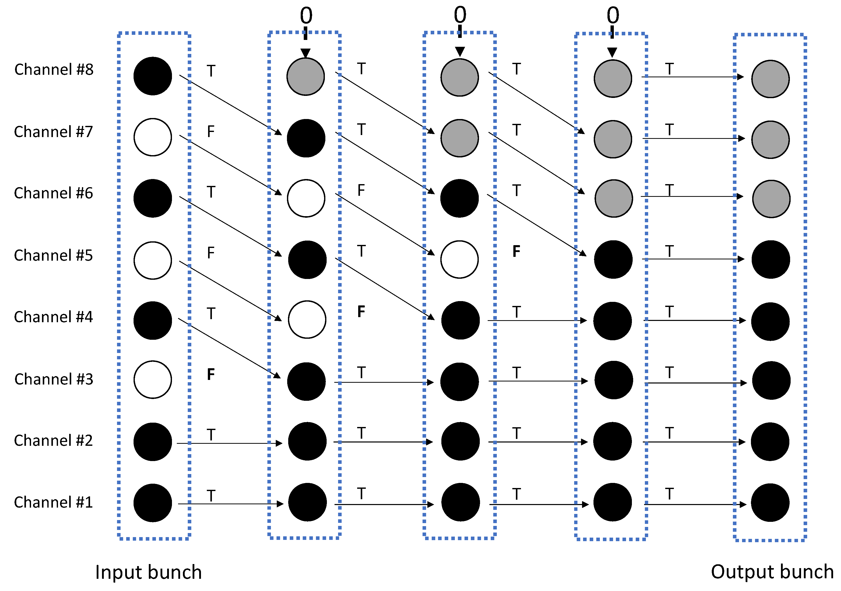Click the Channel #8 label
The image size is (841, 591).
(54, 70)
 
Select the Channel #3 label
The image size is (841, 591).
(54, 379)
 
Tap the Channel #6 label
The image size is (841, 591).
(53, 193)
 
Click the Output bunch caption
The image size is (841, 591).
(772, 572)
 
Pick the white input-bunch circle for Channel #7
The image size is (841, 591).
(153, 137)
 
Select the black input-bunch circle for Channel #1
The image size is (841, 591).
(153, 503)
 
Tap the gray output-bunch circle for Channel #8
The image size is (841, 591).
(770, 79)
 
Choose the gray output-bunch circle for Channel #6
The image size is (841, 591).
(771, 199)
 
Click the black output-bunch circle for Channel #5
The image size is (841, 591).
(771, 259)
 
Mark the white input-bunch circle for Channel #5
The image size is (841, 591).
(153, 260)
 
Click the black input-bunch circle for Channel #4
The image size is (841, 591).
(153, 320)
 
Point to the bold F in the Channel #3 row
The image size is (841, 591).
(211, 374)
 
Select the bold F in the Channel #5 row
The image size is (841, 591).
(516, 251)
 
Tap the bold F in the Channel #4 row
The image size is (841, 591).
(361, 312)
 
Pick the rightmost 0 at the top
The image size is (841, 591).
(613, 15)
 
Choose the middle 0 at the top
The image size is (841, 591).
(460, 15)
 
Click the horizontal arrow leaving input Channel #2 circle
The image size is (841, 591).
(229, 444)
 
